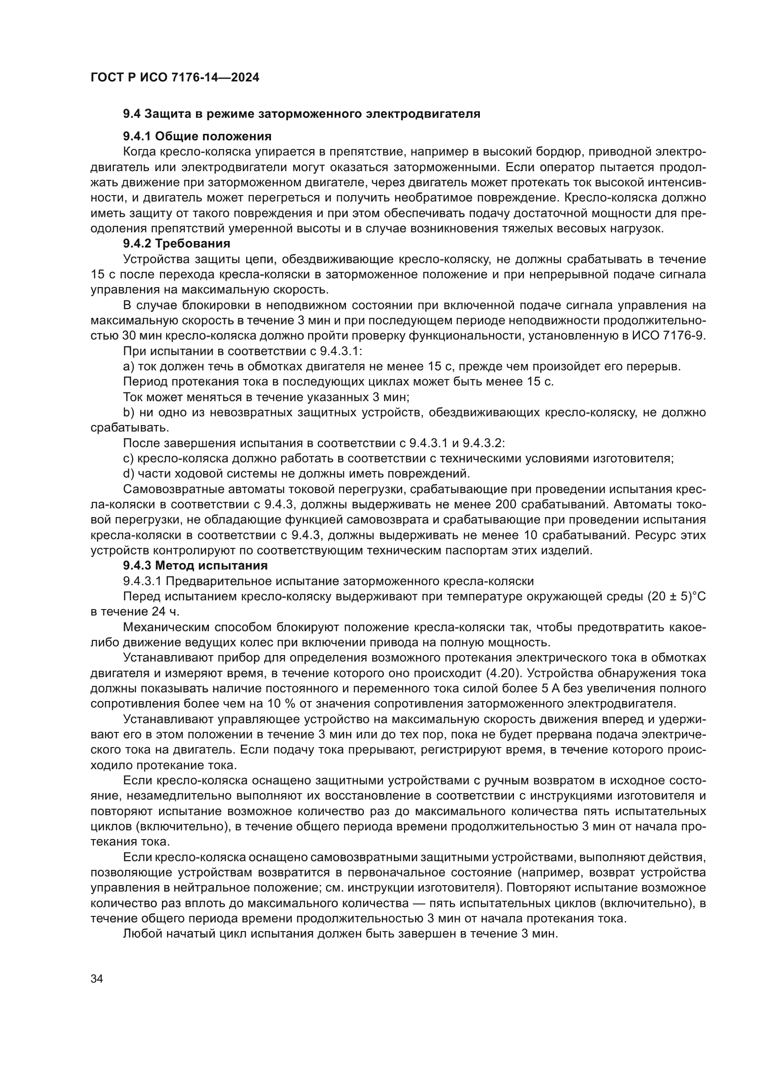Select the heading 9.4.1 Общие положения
(197, 136)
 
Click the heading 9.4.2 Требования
(177, 244)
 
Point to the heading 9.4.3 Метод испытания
(195, 566)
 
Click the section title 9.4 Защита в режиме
(301, 114)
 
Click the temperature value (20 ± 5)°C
(676, 597)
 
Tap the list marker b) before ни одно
(128, 413)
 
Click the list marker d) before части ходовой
(128, 474)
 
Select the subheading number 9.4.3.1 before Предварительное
(142, 581)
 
